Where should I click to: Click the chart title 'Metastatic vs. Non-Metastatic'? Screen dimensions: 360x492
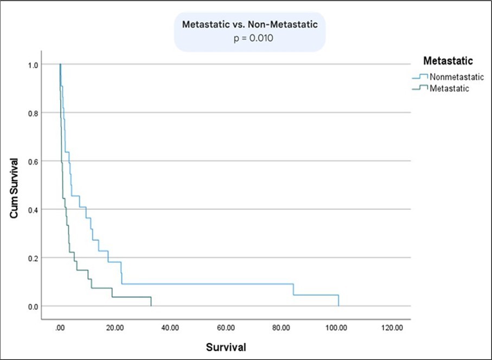point(250,25)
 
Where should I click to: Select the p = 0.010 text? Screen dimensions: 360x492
point(249,39)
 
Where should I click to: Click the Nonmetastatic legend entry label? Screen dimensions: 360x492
point(456,76)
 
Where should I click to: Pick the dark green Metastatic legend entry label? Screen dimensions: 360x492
point(449,88)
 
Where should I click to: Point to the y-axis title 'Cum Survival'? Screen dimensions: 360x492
point(15,188)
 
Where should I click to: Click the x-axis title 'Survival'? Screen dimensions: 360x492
point(226,347)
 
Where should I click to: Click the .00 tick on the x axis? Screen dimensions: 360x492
point(60,328)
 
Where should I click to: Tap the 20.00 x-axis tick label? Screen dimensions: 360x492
point(115,328)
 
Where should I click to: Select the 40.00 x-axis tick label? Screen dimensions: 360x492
point(170,328)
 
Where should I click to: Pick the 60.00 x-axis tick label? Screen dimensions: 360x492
point(226,328)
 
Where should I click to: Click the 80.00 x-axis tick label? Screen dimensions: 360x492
point(281,328)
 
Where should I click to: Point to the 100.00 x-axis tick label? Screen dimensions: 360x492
point(336,328)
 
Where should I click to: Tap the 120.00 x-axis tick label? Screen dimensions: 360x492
point(392,328)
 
